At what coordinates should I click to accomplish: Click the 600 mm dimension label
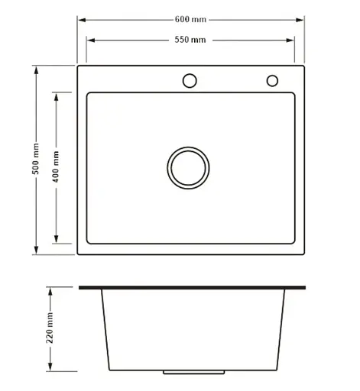[190, 19]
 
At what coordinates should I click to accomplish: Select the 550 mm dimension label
[190, 40]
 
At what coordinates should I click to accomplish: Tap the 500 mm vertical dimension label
[36, 159]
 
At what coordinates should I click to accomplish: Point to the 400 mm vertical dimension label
[56, 166]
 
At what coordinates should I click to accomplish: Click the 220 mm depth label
[50, 328]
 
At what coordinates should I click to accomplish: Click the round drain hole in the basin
[188, 148]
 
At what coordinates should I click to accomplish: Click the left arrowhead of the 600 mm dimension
[82, 20]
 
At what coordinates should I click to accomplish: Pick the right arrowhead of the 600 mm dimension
[300, 20]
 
